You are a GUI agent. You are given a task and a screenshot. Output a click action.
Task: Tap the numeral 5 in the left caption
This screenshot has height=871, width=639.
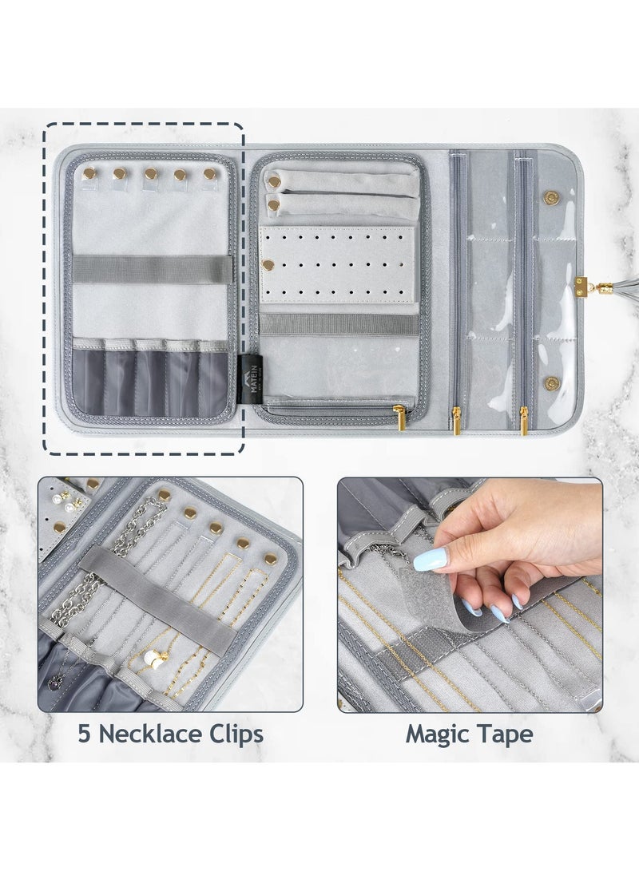pos(85,734)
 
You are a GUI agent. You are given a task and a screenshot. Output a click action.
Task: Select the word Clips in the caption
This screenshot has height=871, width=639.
pos(235,734)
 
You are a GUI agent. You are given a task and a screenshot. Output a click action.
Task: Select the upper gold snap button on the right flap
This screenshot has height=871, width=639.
pos(550,196)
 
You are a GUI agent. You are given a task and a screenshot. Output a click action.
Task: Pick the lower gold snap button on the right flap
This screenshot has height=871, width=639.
pos(550,383)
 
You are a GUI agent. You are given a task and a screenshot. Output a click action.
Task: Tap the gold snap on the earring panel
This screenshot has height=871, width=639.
pos(268,263)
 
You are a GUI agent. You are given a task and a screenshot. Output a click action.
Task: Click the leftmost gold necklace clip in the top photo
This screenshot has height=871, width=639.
pos(89,172)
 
